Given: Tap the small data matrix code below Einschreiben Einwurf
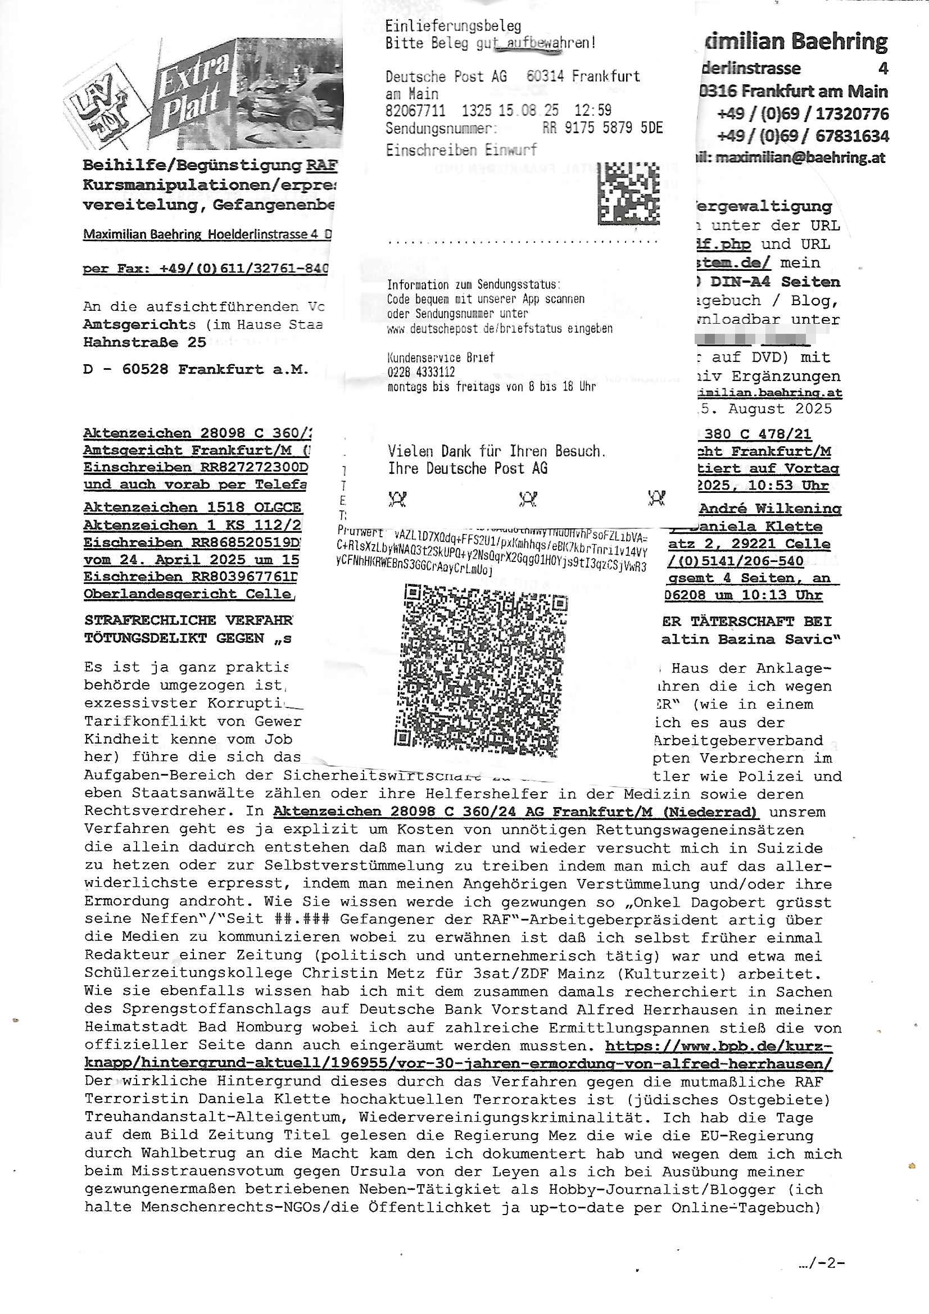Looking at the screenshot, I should coord(628,193).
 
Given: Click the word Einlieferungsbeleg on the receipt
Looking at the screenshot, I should coord(453,26).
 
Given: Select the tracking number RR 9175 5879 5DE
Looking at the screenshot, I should coord(602,128).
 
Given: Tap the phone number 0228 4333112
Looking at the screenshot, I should coord(421,372).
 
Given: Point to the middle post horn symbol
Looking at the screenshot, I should coord(527,499).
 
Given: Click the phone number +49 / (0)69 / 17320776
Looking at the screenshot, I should coord(803,114).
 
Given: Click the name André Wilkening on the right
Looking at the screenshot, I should coord(770,508).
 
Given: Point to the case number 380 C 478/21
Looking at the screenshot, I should coord(758,434).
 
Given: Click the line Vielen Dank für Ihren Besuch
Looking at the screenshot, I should coord(496,451).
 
